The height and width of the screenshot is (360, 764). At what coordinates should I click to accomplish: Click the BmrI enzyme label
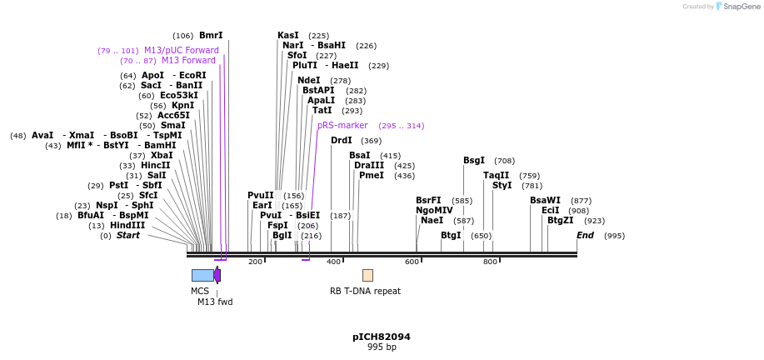tap(211, 36)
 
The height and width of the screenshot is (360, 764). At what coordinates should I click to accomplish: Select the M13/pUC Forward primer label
tap(181, 51)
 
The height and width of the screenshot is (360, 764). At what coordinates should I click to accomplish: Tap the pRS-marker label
tap(342, 126)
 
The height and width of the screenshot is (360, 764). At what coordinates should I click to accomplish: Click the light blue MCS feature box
tap(202, 275)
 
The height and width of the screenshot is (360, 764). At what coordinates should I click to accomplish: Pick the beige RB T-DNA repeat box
tap(367, 275)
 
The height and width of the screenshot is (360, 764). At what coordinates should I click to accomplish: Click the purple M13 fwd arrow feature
tap(217, 275)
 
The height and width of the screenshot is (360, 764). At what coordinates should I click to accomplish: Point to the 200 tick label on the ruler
tap(255, 262)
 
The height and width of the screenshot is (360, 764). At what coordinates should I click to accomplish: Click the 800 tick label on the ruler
tap(490, 262)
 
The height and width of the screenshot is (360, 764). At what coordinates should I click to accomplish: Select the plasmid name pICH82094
tap(382, 337)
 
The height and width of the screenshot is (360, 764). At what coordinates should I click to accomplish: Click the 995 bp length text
tap(382, 347)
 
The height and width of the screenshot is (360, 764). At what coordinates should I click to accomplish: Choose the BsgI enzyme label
tap(474, 161)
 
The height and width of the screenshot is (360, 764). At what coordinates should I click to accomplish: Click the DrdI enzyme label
tap(342, 141)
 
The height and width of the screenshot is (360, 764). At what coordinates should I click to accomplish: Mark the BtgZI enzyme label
tap(560, 221)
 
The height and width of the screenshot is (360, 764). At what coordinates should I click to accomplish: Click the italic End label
tap(585, 236)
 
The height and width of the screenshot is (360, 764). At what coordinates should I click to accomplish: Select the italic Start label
tap(128, 236)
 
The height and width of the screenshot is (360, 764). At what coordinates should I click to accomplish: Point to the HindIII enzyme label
tap(127, 226)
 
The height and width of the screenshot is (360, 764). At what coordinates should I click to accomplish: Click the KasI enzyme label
tap(288, 36)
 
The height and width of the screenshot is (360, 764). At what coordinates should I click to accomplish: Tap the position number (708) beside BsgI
tap(504, 161)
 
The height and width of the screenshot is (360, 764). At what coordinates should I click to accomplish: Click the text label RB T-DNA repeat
tap(365, 292)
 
